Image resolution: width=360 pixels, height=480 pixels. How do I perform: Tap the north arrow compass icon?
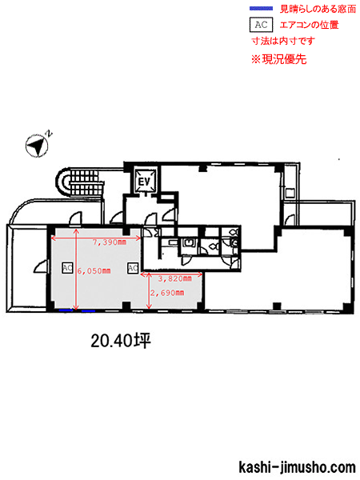coord(37,146)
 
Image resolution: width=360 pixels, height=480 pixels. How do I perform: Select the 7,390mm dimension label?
coord(110,242)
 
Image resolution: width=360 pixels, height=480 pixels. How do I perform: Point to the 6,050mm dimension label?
coord(94,271)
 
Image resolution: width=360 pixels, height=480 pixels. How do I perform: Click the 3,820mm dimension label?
coord(174,278)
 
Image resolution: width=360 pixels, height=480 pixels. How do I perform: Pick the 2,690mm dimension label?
coord(167,293)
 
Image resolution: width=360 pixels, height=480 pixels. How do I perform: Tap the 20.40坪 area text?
coord(121,341)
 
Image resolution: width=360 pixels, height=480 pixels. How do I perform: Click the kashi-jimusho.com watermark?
coord(297,467)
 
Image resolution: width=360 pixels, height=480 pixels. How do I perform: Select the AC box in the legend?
coord(261,25)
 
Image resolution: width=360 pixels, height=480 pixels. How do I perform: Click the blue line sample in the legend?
coord(261,9)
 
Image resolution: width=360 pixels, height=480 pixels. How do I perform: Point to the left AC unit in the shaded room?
coord(67,268)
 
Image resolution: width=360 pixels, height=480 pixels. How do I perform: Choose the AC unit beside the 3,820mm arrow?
coord(133,268)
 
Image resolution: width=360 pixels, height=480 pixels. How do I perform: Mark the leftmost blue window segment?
coord(66,310)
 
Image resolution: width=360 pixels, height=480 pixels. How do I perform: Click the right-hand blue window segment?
coord(89,310)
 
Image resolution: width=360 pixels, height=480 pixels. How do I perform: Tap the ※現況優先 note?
coord(279,59)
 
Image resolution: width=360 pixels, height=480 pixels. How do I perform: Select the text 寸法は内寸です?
coord(283,41)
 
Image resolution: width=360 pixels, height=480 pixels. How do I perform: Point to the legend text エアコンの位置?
coord(309,25)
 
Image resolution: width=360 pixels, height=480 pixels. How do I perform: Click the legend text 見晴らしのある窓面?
coord(318,9)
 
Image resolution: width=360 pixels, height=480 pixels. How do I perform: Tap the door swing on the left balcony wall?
coord(42,266)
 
